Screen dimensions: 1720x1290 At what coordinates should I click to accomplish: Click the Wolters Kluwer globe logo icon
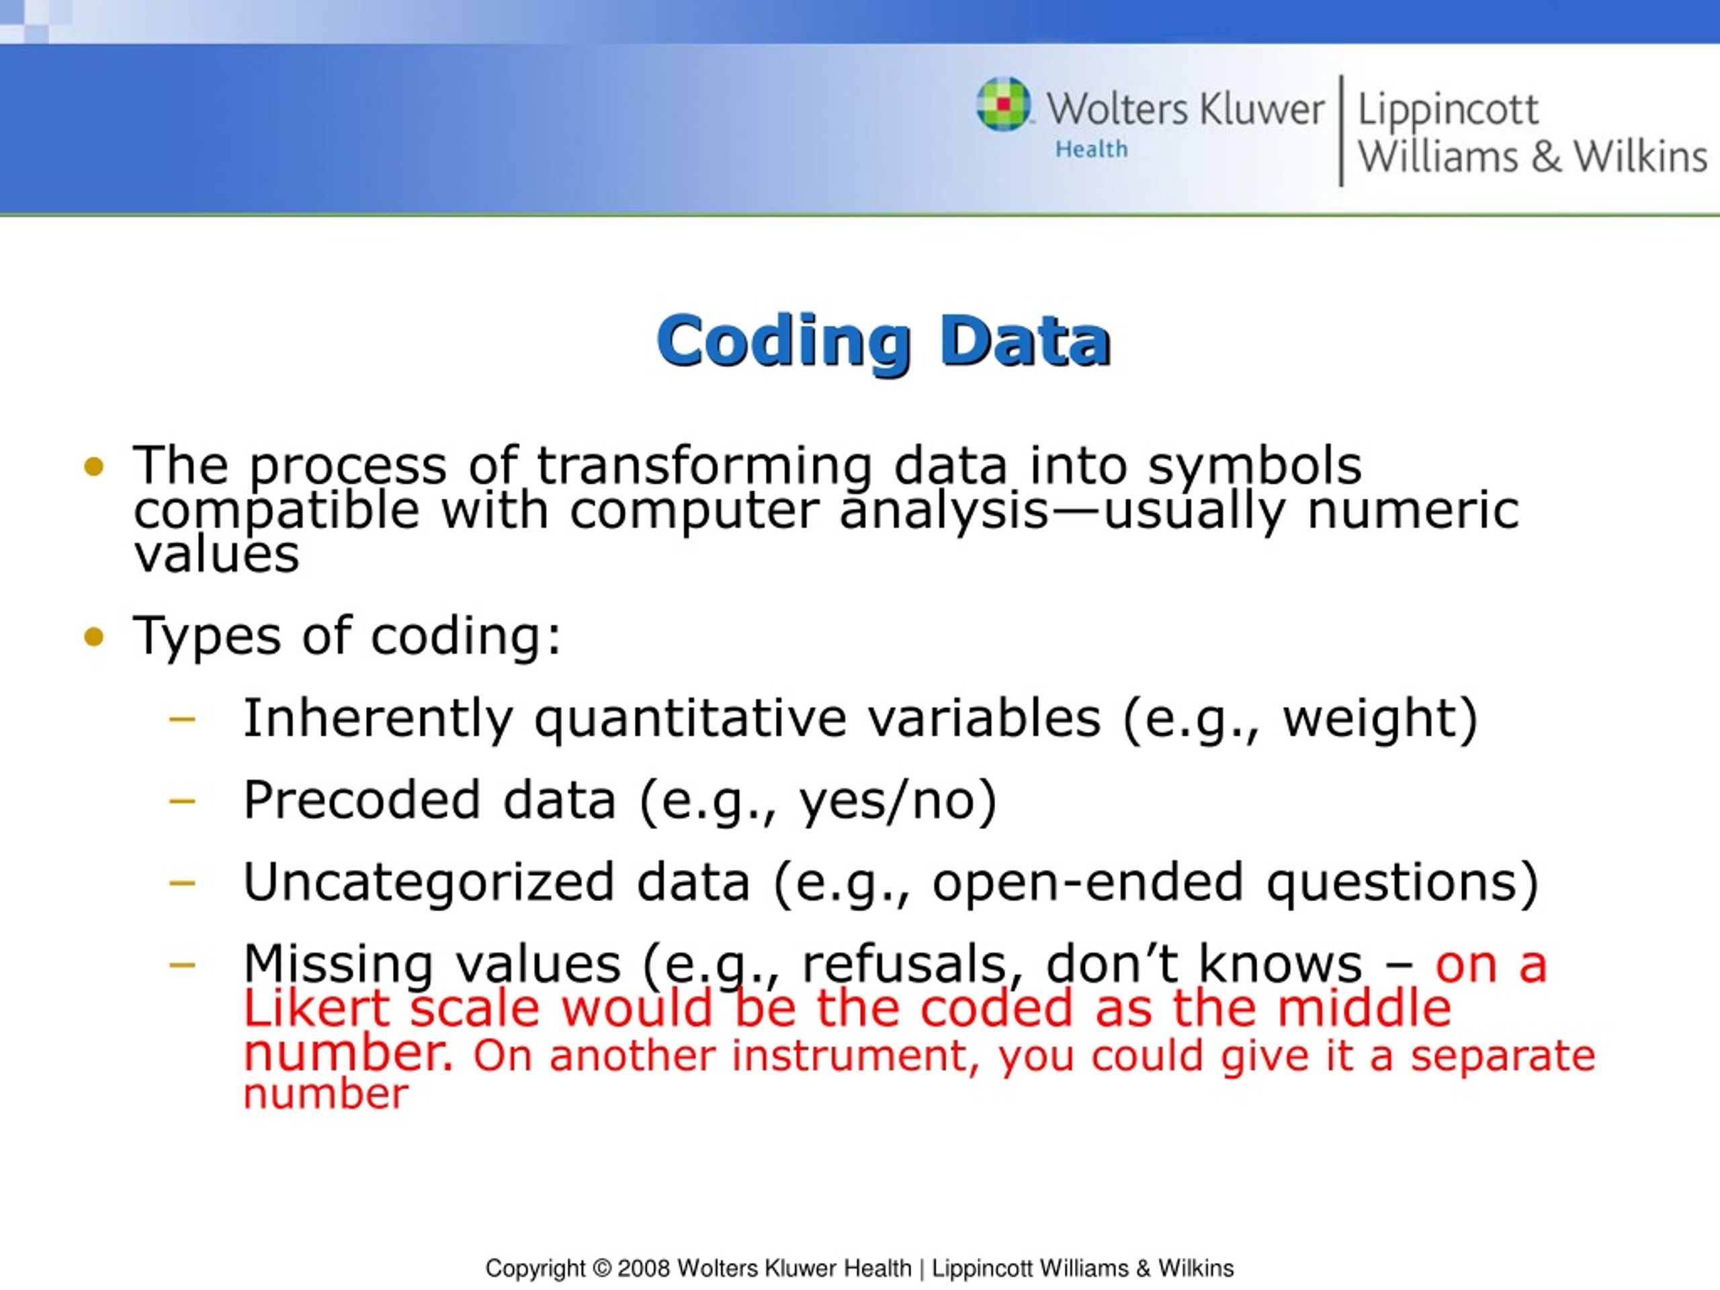pos(1003,104)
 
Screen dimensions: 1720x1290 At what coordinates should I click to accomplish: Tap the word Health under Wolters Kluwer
pos(1091,148)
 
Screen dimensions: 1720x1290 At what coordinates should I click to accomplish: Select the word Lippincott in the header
pos(1447,110)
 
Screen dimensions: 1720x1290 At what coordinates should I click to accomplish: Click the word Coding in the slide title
pos(784,341)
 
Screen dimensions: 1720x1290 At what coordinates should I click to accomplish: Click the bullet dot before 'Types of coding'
pos(93,638)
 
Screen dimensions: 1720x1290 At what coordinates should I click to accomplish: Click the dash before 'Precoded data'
pos(182,800)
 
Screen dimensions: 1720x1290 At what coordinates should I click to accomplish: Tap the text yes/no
pos(888,801)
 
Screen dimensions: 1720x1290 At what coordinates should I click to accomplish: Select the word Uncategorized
pos(429,883)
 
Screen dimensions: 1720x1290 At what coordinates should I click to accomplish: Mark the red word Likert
pos(316,1008)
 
